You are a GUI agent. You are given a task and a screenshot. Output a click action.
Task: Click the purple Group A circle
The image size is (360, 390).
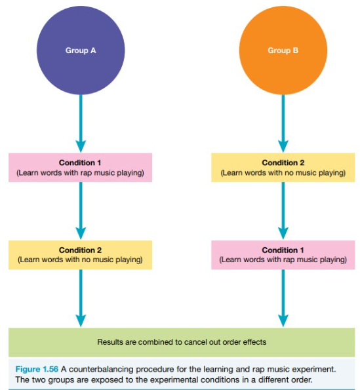coord(81,50)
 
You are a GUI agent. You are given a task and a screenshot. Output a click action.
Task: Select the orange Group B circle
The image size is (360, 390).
coord(283,50)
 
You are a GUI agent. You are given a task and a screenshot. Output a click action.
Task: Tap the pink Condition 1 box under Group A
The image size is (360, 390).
coord(81,167)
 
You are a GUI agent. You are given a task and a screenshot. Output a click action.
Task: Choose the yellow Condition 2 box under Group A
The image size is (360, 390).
coord(81,255)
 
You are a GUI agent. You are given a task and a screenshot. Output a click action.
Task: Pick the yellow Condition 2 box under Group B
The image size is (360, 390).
coord(283,167)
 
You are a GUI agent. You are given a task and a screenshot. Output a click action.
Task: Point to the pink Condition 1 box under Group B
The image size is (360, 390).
coord(283,255)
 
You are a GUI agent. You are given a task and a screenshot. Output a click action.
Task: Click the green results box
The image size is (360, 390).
coord(182,342)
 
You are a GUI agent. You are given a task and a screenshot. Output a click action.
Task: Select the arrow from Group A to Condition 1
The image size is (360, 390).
coord(81,124)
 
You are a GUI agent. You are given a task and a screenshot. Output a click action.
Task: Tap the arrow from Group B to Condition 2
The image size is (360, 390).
coord(283,124)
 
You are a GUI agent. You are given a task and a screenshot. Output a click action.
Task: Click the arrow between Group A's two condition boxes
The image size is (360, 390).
coord(81,211)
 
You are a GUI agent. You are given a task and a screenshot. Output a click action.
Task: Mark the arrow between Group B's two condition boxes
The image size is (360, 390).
coord(283,211)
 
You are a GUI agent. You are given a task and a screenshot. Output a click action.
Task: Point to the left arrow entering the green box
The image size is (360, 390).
coord(81,298)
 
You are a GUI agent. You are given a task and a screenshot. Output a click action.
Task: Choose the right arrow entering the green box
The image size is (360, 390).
coord(283,298)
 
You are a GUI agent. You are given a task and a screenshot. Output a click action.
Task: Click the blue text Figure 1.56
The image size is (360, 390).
coord(37,369)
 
